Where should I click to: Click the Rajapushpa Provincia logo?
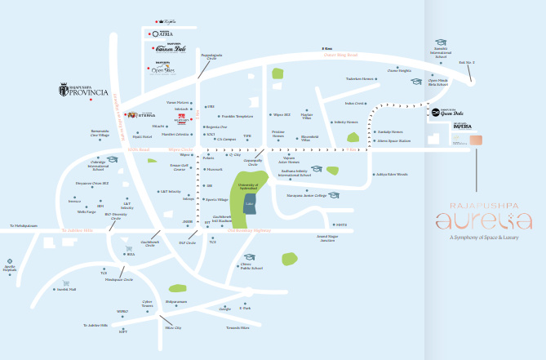pos(83,90)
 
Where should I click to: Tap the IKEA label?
pos(130,255)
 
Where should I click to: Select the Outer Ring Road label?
pos(341,55)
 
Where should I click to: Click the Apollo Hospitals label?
pos(11,269)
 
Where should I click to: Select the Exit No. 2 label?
pos(466,63)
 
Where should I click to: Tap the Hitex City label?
pos(172,327)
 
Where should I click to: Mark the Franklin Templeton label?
pos(238,116)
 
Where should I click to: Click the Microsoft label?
pos(215,170)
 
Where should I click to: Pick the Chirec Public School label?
pos(251,266)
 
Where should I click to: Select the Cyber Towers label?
pos(147,304)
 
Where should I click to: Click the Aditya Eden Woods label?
pos(391,174)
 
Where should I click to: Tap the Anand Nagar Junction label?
pos(326,238)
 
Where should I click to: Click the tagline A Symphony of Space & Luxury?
pos(484,238)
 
